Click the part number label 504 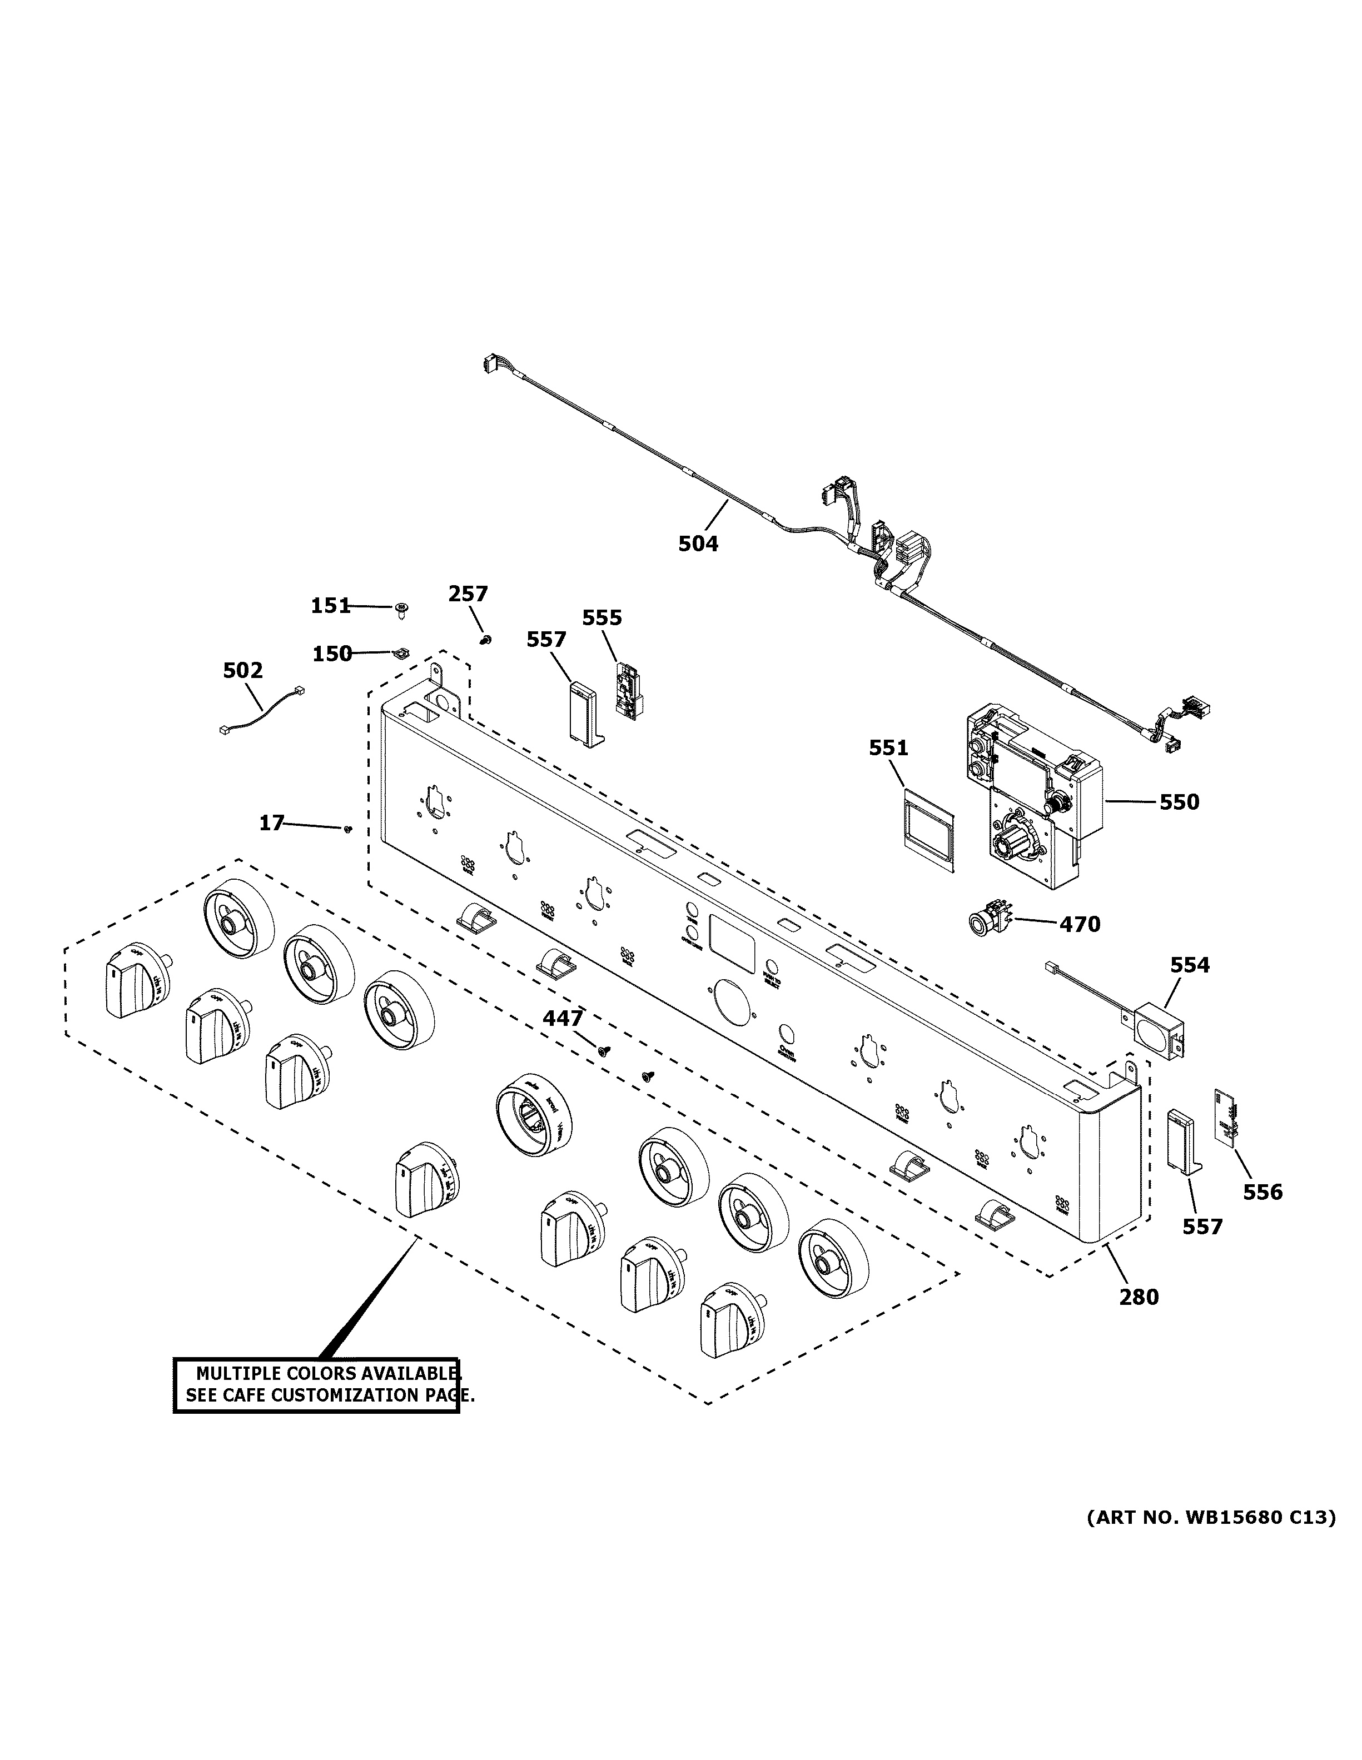[x=697, y=544]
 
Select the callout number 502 [x=242, y=670]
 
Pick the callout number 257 [x=468, y=594]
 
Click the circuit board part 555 [x=627, y=691]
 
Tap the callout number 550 [x=1179, y=802]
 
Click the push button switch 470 [x=989, y=923]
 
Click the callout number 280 [x=1139, y=1297]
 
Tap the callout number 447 [x=563, y=1019]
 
